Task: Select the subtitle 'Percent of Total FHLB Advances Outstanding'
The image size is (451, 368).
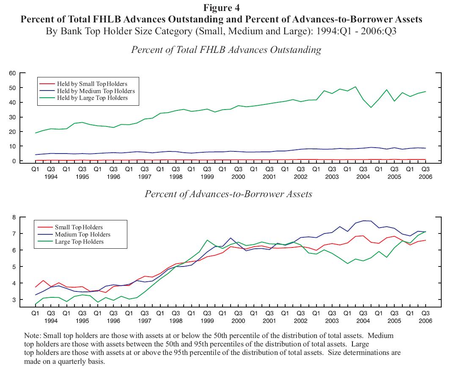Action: tap(226, 50)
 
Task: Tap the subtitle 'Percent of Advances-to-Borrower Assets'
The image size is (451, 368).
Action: tap(228, 194)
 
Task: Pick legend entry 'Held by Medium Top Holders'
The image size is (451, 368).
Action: tap(96, 91)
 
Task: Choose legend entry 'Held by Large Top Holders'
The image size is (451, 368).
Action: tap(92, 98)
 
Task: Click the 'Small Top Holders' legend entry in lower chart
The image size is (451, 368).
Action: tap(79, 228)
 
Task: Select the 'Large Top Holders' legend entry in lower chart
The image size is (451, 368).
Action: tap(79, 242)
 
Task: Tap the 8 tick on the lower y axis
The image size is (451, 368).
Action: tap(14, 217)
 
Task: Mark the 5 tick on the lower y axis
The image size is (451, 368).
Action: tap(14, 267)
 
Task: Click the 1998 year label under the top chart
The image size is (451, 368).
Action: tap(176, 177)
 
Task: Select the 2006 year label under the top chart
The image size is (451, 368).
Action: tap(426, 177)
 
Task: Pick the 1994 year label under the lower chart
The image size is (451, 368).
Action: tap(51, 321)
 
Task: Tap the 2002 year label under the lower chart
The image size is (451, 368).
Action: tap(301, 321)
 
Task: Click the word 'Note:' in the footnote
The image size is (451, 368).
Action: tap(33, 335)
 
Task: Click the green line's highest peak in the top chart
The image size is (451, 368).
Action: tap(355, 87)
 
